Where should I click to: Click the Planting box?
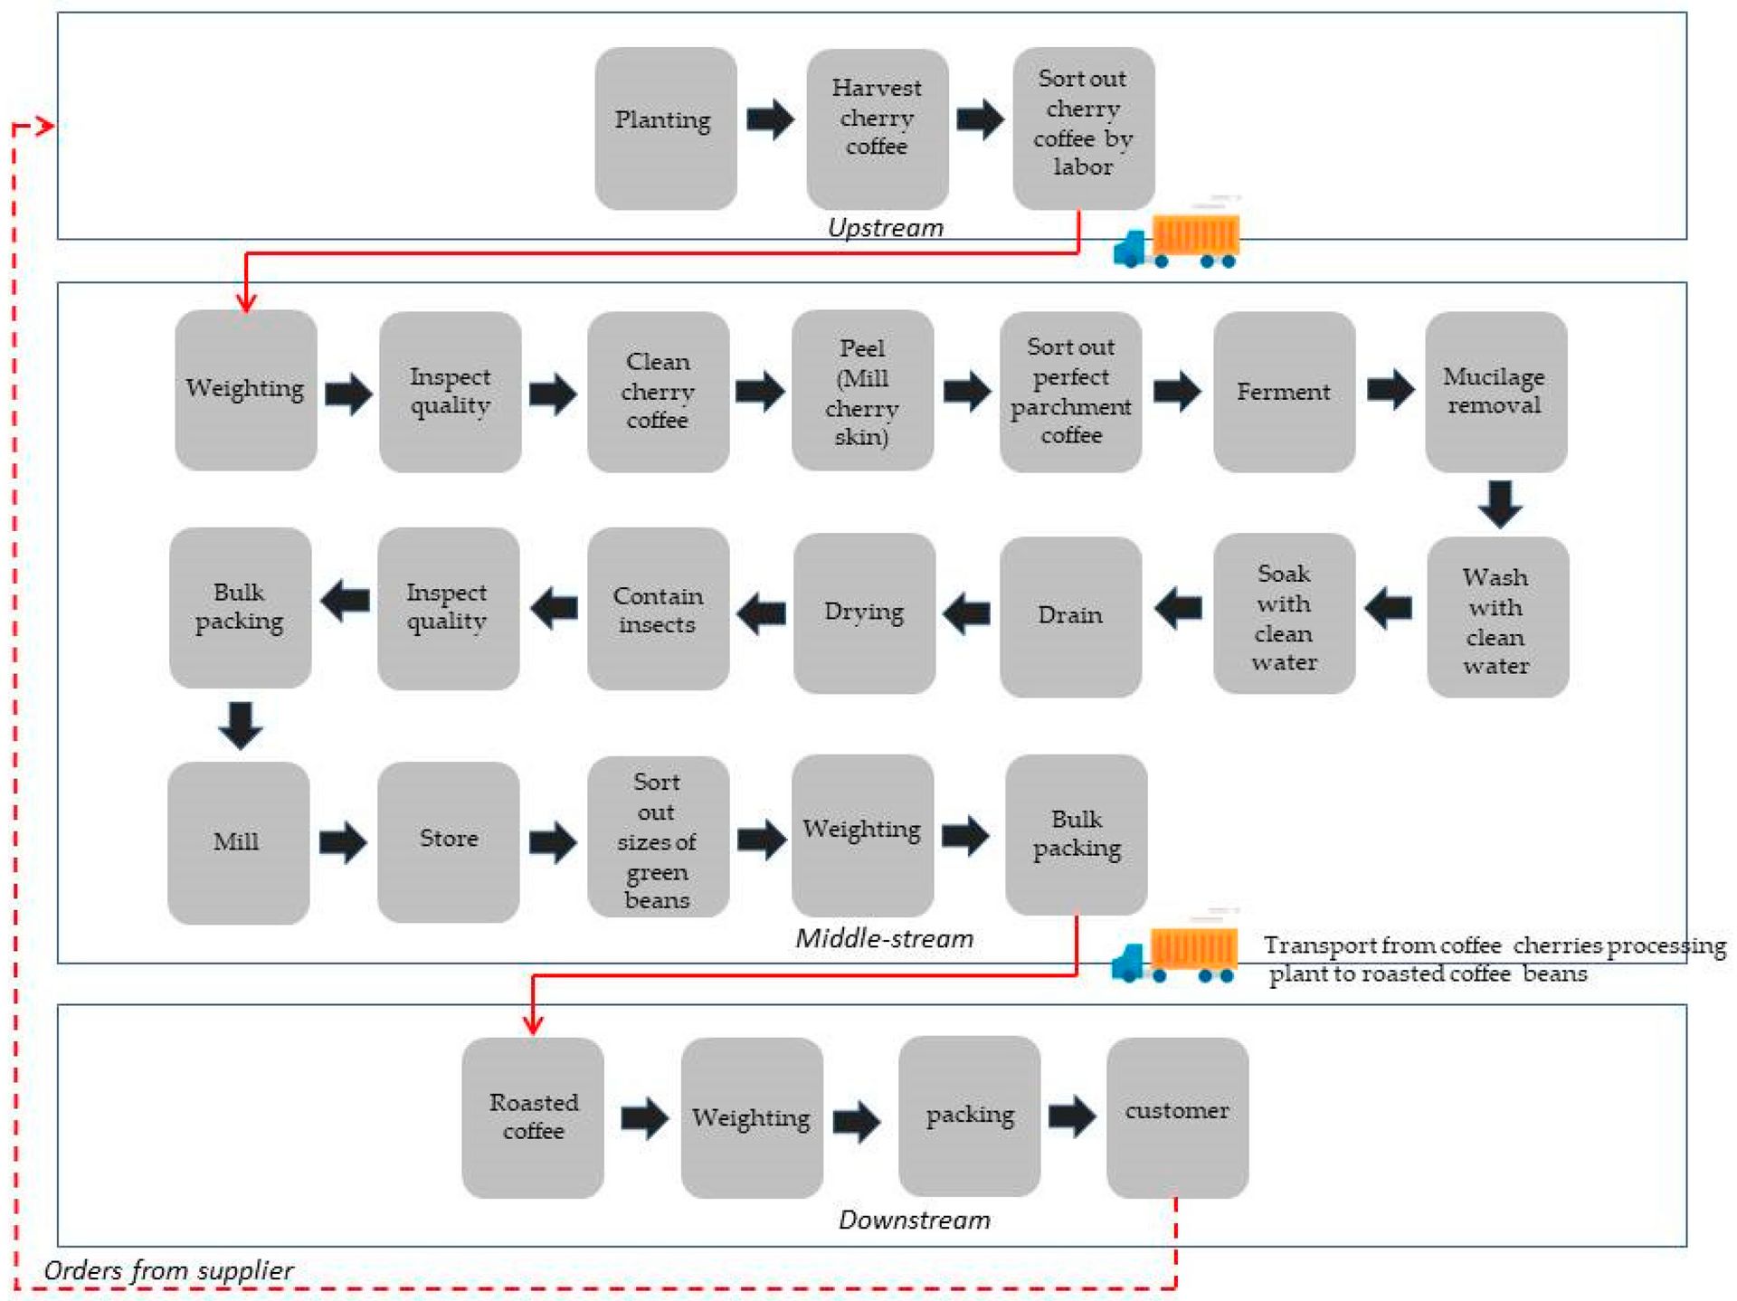(665, 128)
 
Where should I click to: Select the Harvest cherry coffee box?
(877, 128)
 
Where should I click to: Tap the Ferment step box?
(1283, 391)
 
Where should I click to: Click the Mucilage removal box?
(1495, 391)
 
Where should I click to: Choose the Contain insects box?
(658, 609)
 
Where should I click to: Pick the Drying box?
(864, 613)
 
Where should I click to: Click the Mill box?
(238, 841)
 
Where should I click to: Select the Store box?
(448, 840)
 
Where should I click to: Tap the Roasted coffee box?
(532, 1116)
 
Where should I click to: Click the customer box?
(1176, 1116)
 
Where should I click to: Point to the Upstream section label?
(885, 227)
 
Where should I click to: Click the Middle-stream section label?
(884, 938)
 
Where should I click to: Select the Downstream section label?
(914, 1220)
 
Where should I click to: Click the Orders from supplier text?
(168, 1270)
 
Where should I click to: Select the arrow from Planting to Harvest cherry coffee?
(770, 119)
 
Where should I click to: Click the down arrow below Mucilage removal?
(1499, 504)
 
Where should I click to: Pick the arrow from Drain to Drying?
(966, 613)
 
